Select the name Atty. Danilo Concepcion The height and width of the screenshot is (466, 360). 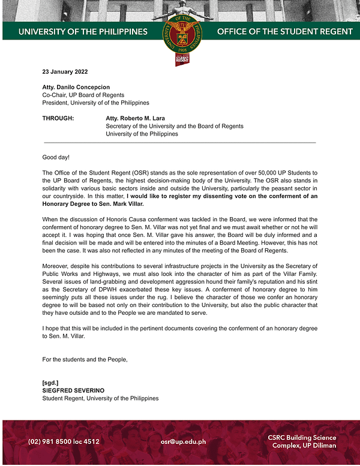76,87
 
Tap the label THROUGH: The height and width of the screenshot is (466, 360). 58,118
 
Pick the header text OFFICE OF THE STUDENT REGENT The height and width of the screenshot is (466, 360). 284,31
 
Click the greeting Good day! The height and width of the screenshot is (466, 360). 56,157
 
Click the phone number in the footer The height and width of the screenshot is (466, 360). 64,441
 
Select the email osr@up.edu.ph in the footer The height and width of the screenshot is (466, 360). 183,441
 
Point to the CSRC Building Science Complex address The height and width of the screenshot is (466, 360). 302,441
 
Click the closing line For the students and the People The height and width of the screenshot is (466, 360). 85,359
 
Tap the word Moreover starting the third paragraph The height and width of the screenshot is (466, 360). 56,266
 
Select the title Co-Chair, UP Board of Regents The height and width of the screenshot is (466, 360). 83,95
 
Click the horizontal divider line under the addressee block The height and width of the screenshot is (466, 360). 180,142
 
